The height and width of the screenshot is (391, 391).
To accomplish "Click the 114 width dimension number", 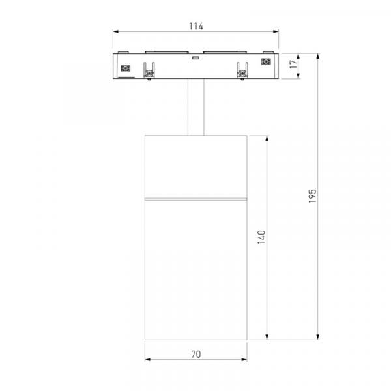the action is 196,26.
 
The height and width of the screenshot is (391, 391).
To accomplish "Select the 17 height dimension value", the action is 293,64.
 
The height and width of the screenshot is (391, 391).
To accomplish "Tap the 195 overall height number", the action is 312,196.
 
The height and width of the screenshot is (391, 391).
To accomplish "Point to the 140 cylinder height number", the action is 261,237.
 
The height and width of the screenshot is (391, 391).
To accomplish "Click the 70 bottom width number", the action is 196,354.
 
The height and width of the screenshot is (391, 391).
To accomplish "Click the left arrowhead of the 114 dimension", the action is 115,32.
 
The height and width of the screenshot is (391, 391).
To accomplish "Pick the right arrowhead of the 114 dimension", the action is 276,32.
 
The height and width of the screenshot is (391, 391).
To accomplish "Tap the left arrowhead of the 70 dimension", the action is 148,360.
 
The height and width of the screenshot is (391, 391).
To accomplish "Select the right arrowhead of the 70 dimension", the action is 244,360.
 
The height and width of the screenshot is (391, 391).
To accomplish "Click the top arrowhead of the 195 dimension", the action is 318,56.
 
